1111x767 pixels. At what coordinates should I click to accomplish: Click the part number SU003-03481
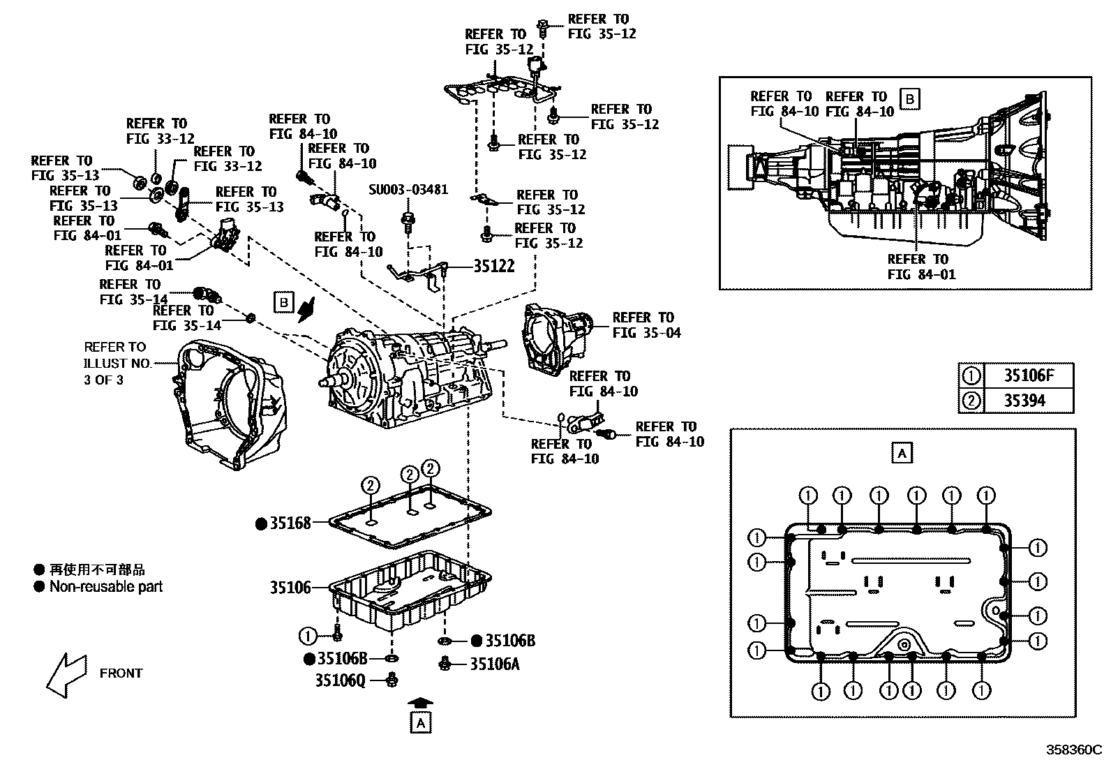click(x=408, y=190)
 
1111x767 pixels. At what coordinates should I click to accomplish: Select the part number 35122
click(x=494, y=266)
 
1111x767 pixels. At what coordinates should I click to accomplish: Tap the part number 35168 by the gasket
click(x=291, y=522)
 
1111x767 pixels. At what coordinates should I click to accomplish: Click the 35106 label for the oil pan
click(x=290, y=588)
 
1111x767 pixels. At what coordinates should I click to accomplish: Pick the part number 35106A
click(x=495, y=664)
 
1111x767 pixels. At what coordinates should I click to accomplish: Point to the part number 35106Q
click(x=340, y=679)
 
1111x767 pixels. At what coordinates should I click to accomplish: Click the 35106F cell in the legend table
click(x=1027, y=376)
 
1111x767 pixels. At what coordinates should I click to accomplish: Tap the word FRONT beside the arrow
click(x=121, y=673)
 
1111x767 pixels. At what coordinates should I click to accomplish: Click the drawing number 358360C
click(x=1072, y=750)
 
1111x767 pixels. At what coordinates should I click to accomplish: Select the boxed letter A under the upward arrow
click(x=421, y=723)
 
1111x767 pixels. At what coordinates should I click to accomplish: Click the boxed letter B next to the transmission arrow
click(x=283, y=302)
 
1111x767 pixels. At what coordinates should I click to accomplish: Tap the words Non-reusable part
click(x=105, y=586)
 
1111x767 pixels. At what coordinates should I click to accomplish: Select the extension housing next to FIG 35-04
click(x=556, y=337)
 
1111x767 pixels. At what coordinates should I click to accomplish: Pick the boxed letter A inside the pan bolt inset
click(x=902, y=453)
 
